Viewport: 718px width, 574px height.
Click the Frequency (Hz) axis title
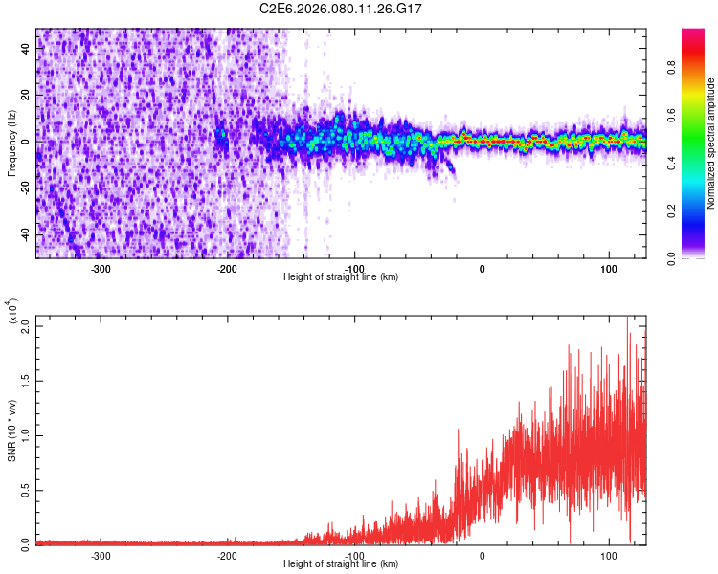pyautogui.click(x=11, y=143)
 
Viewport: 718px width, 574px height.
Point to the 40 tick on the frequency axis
pyautogui.click(x=26, y=50)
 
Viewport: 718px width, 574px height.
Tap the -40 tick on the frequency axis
pyautogui.click(x=26, y=235)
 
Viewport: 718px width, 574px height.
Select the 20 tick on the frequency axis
pyautogui.click(x=26, y=96)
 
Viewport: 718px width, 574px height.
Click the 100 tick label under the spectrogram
pyautogui.click(x=610, y=267)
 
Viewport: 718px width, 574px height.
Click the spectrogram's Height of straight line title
pyautogui.click(x=341, y=276)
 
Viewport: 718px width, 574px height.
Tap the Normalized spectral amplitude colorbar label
pyautogui.click(x=711, y=143)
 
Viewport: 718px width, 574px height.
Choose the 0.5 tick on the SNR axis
pyautogui.click(x=26, y=489)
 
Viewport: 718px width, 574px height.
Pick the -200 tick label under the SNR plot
pyautogui.click(x=228, y=555)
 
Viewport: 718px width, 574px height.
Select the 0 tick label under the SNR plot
pyautogui.click(x=482, y=555)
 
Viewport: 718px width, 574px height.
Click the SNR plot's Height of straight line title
pyautogui.click(x=341, y=564)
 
